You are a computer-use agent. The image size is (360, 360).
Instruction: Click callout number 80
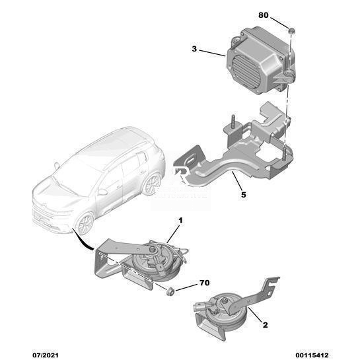(x=264, y=15)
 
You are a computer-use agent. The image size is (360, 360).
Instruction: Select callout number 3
(x=194, y=49)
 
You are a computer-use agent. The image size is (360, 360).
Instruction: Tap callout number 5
(x=243, y=195)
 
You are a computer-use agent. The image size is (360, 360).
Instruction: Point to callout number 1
(x=180, y=221)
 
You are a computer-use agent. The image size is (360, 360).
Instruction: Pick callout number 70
(x=205, y=283)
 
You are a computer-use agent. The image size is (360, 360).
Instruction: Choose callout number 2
(x=265, y=325)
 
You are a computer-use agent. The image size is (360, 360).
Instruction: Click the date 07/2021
(x=45, y=355)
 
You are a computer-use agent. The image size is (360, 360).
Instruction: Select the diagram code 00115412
(x=312, y=355)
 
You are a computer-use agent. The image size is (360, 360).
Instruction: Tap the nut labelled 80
(x=291, y=31)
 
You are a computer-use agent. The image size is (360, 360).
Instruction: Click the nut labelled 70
(x=170, y=291)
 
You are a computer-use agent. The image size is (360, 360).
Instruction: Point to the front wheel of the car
(x=85, y=224)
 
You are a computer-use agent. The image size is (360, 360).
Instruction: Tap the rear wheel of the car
(x=152, y=184)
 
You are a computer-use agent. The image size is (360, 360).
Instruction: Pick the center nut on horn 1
(x=152, y=249)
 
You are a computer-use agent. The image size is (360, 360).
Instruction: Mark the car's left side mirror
(x=102, y=192)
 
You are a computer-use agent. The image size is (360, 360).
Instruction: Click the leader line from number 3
(x=211, y=53)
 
